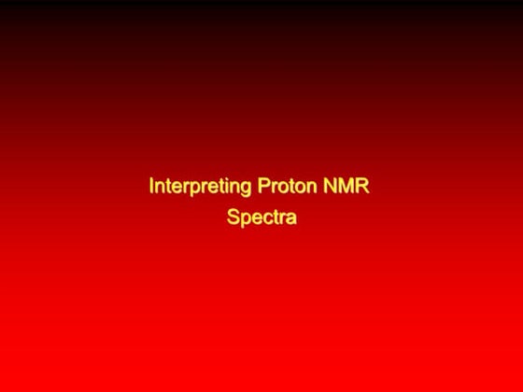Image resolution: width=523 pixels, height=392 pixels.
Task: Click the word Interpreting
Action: click(199, 187)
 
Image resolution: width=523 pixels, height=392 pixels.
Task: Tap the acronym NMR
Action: click(346, 187)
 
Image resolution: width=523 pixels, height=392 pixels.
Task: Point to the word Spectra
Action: click(261, 218)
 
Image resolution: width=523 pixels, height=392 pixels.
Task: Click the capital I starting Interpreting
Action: click(151, 187)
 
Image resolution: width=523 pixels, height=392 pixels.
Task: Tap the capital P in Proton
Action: click(261, 187)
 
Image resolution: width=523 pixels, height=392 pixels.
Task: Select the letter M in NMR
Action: click(346, 187)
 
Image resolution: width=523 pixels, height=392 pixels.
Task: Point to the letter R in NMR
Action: click(362, 187)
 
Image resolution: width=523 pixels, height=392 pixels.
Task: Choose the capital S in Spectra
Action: click(233, 218)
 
